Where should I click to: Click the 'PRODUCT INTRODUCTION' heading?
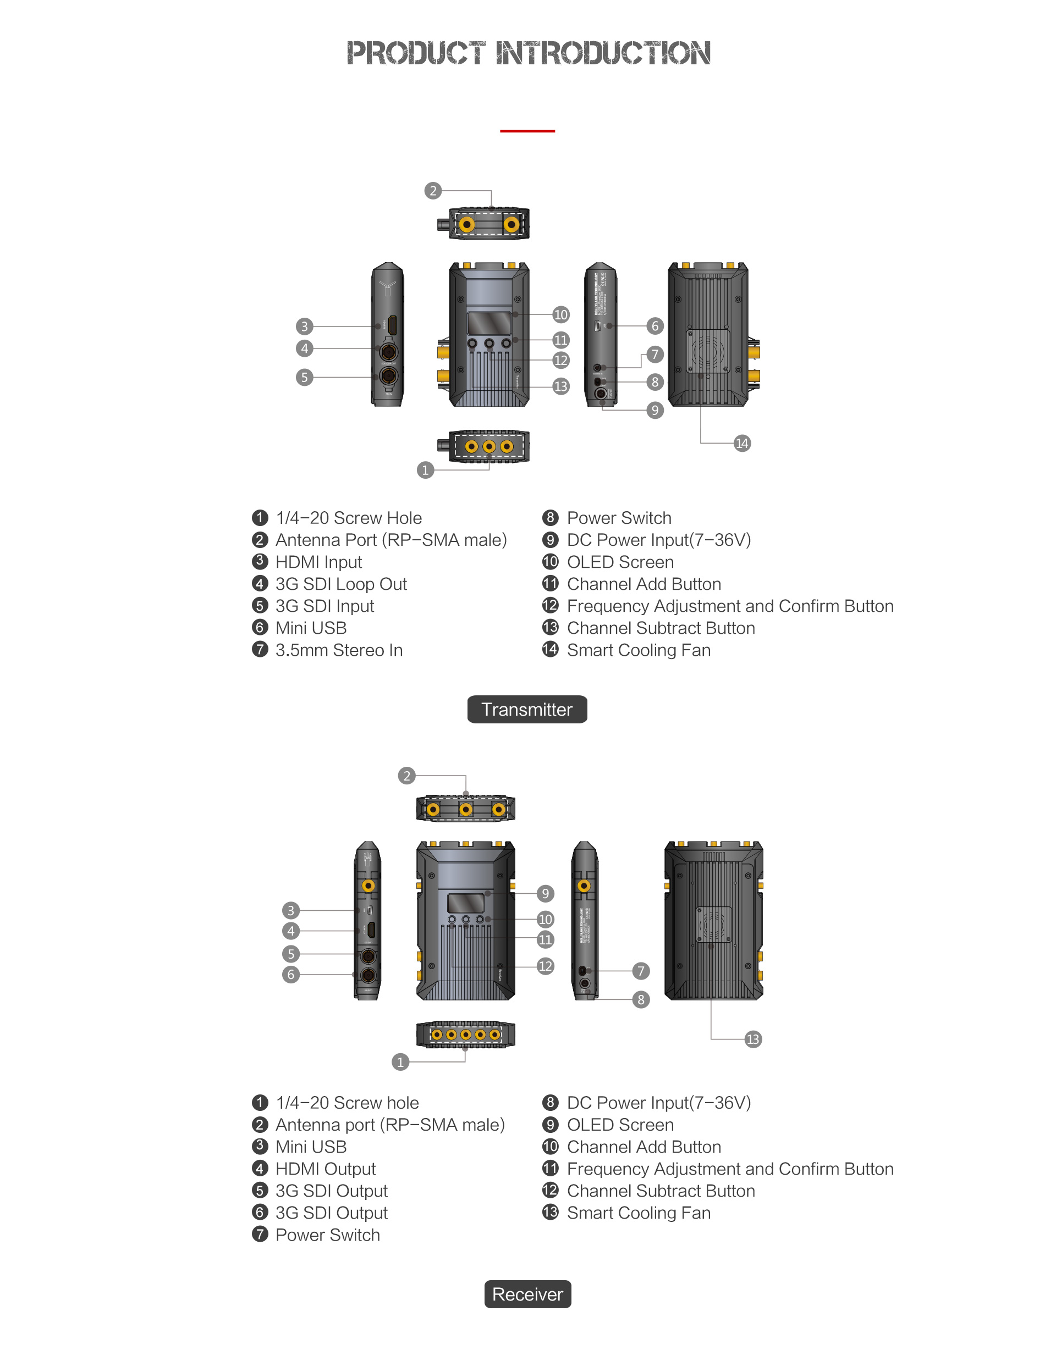click(x=528, y=53)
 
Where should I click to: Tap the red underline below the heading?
click(x=527, y=131)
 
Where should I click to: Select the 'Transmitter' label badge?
click(x=527, y=709)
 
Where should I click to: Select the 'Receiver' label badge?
click(x=527, y=1294)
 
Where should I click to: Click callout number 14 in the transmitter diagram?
click(x=741, y=443)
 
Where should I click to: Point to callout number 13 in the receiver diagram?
click(x=752, y=1039)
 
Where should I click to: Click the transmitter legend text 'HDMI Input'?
click(x=318, y=562)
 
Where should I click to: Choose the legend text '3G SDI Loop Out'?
click(x=341, y=584)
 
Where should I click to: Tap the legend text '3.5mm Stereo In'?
click(x=339, y=650)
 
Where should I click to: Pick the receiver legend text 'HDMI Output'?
click(x=326, y=1169)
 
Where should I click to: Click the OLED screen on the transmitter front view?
click(x=489, y=323)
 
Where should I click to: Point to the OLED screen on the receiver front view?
click(x=466, y=903)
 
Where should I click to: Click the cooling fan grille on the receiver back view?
click(x=713, y=924)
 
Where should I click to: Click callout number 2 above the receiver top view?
click(x=406, y=776)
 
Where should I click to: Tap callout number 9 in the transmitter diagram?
click(x=654, y=410)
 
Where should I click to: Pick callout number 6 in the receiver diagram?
click(x=290, y=974)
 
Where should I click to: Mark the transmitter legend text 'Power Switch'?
click(x=618, y=518)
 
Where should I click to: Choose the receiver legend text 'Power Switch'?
click(x=327, y=1235)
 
